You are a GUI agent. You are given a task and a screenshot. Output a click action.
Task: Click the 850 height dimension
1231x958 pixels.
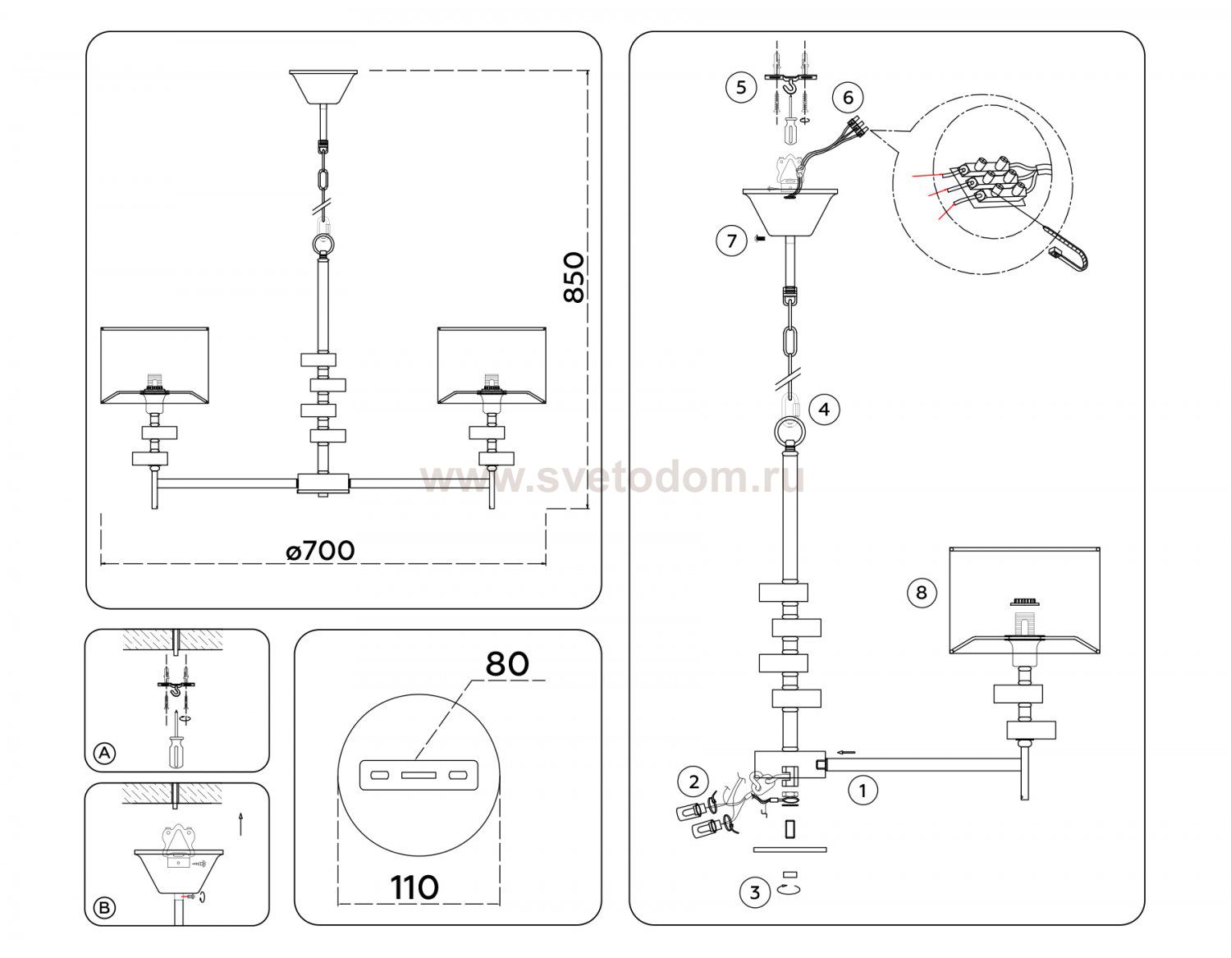pyautogui.click(x=575, y=277)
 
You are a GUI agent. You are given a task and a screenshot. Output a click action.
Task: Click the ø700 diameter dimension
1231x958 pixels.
pyautogui.click(x=321, y=550)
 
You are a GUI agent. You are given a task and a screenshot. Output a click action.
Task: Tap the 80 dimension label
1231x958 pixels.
pyautogui.click(x=506, y=663)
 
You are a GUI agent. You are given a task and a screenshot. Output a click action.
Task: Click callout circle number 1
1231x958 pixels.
pyautogui.click(x=862, y=791)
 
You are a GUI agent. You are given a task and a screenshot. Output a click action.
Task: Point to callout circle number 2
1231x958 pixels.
pyautogui.click(x=694, y=781)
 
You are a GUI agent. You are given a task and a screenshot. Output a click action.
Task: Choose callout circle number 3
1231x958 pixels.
pyautogui.click(x=755, y=892)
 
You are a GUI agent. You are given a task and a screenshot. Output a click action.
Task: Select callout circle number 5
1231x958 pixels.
pyautogui.click(x=741, y=87)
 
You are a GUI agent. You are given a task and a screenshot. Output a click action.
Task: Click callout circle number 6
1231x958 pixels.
pyautogui.click(x=848, y=97)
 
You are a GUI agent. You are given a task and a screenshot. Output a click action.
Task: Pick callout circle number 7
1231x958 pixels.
pyautogui.click(x=730, y=241)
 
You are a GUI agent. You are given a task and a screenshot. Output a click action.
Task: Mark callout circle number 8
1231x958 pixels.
pyautogui.click(x=921, y=592)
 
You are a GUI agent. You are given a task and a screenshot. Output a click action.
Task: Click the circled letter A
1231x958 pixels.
pyautogui.click(x=104, y=752)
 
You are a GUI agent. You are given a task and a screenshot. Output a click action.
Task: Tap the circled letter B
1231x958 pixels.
pyautogui.click(x=104, y=908)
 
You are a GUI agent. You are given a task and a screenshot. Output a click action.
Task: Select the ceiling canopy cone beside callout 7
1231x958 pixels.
pyautogui.click(x=789, y=212)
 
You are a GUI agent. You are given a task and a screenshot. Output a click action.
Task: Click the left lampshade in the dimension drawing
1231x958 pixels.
pyautogui.click(x=156, y=366)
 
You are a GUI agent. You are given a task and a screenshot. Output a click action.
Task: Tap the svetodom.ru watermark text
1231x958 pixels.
pyautogui.click(x=612, y=479)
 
